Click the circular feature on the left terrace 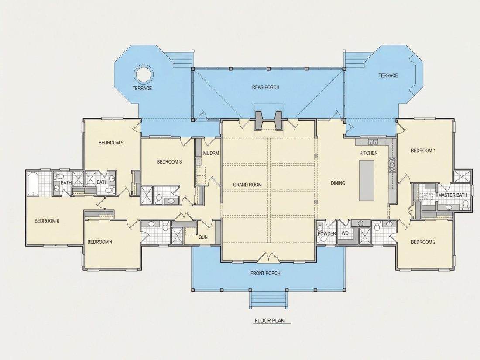[143, 74]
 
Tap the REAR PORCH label [266, 87]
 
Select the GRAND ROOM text [247, 185]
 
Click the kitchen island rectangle [367, 181]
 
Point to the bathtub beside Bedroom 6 [33, 184]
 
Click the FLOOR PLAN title [269, 321]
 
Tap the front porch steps [269, 299]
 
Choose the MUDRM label [211, 153]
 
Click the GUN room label [203, 237]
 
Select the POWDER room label [327, 233]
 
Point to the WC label [345, 233]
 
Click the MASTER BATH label [453, 195]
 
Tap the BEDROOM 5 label [111, 143]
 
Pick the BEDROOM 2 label [423, 242]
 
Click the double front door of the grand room [268, 257]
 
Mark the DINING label [338, 183]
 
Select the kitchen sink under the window [373, 142]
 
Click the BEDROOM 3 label [169, 162]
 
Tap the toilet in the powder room [320, 228]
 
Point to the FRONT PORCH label [265, 273]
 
